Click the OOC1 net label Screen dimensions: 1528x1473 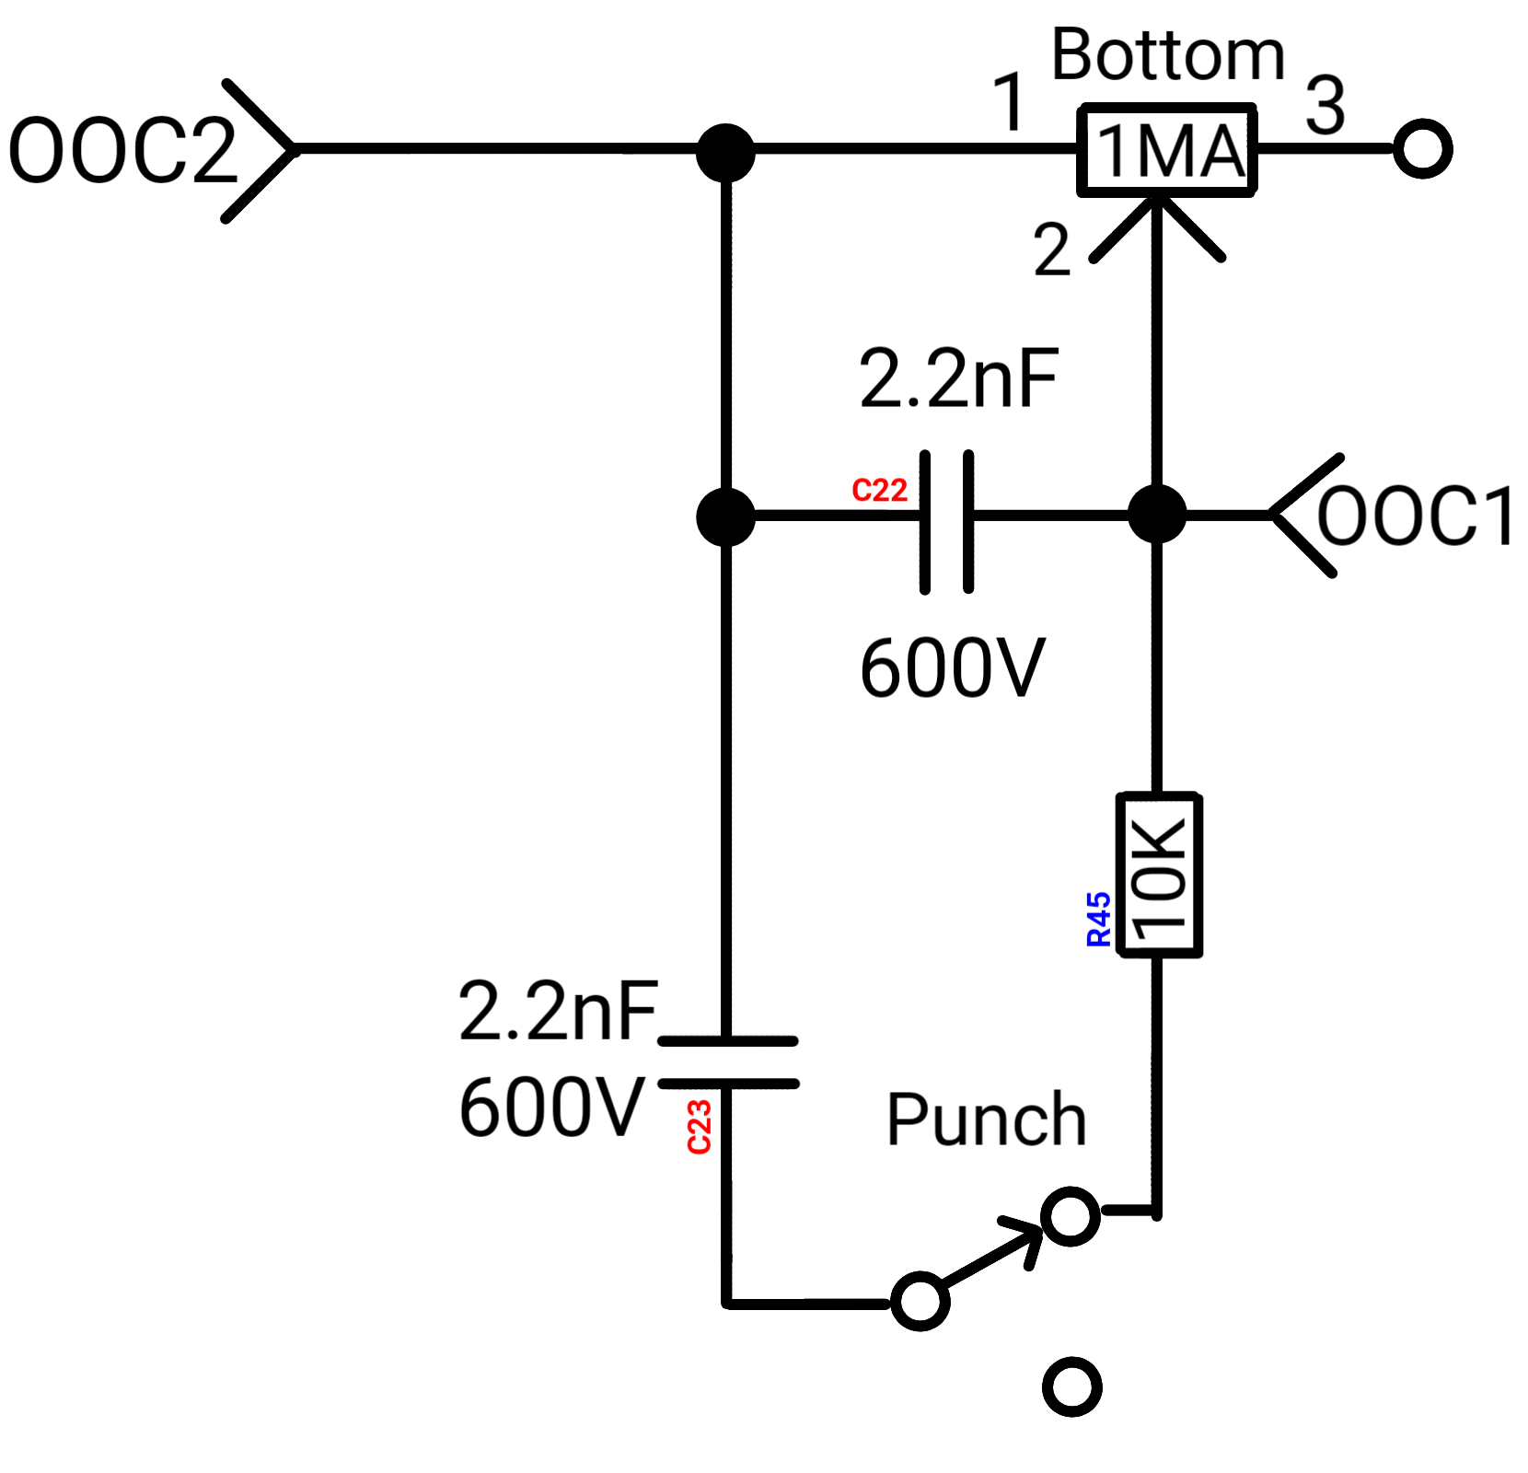[1416, 516]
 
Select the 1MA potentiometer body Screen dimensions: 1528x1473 [1167, 149]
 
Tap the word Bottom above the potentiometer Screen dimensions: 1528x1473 [1167, 55]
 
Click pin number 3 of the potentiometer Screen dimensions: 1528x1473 [1325, 106]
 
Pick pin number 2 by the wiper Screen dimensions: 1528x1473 [1052, 249]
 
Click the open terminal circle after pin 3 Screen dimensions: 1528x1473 [1422, 149]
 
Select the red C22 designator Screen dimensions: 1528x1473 [879, 491]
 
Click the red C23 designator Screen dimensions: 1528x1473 [700, 1127]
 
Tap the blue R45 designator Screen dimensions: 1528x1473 [1099, 919]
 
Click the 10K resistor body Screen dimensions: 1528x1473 [1159, 875]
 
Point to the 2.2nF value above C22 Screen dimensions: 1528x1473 [958, 378]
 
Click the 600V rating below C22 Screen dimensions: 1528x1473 [952, 667]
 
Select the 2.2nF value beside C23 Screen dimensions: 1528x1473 [559, 1011]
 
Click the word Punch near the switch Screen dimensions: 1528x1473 [987, 1120]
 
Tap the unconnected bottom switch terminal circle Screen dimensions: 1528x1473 [1072, 1386]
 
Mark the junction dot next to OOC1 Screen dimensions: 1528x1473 [1157, 515]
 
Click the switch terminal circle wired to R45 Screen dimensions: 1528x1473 [1071, 1216]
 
